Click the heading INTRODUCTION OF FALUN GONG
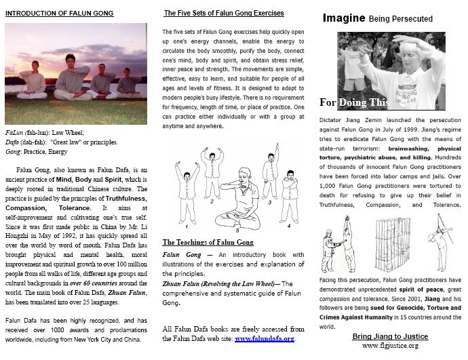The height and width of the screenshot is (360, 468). point(60,14)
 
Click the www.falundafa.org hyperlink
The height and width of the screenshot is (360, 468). point(265,338)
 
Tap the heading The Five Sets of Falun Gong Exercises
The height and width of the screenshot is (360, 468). point(224,13)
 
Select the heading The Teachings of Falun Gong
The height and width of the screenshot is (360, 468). point(208,242)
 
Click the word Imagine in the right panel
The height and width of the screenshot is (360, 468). point(343,18)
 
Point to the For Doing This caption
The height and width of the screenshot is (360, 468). point(353,103)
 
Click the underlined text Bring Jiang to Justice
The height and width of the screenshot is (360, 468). point(389,336)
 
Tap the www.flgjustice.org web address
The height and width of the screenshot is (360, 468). point(389,345)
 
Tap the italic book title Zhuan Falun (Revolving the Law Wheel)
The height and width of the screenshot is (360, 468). point(219,283)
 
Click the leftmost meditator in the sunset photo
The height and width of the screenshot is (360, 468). point(33,83)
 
